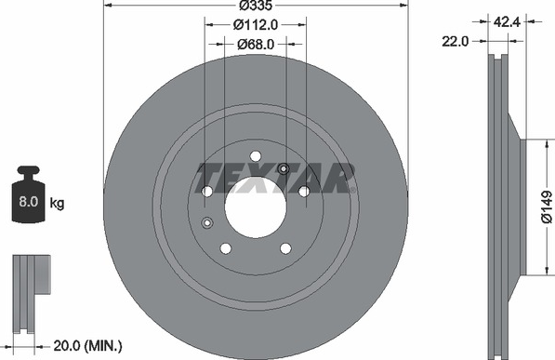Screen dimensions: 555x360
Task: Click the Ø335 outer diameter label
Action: click(256, 6)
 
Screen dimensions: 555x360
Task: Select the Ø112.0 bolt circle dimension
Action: click(256, 24)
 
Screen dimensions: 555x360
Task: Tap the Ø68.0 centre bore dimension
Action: click(256, 44)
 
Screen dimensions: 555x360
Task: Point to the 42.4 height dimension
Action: click(507, 22)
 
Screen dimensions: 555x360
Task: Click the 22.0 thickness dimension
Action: click(455, 42)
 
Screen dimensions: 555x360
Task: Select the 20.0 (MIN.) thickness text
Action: click(87, 345)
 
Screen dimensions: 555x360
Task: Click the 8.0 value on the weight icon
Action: click(28, 202)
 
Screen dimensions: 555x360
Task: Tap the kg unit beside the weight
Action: click(57, 204)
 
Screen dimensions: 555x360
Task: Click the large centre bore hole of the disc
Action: click(256, 207)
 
